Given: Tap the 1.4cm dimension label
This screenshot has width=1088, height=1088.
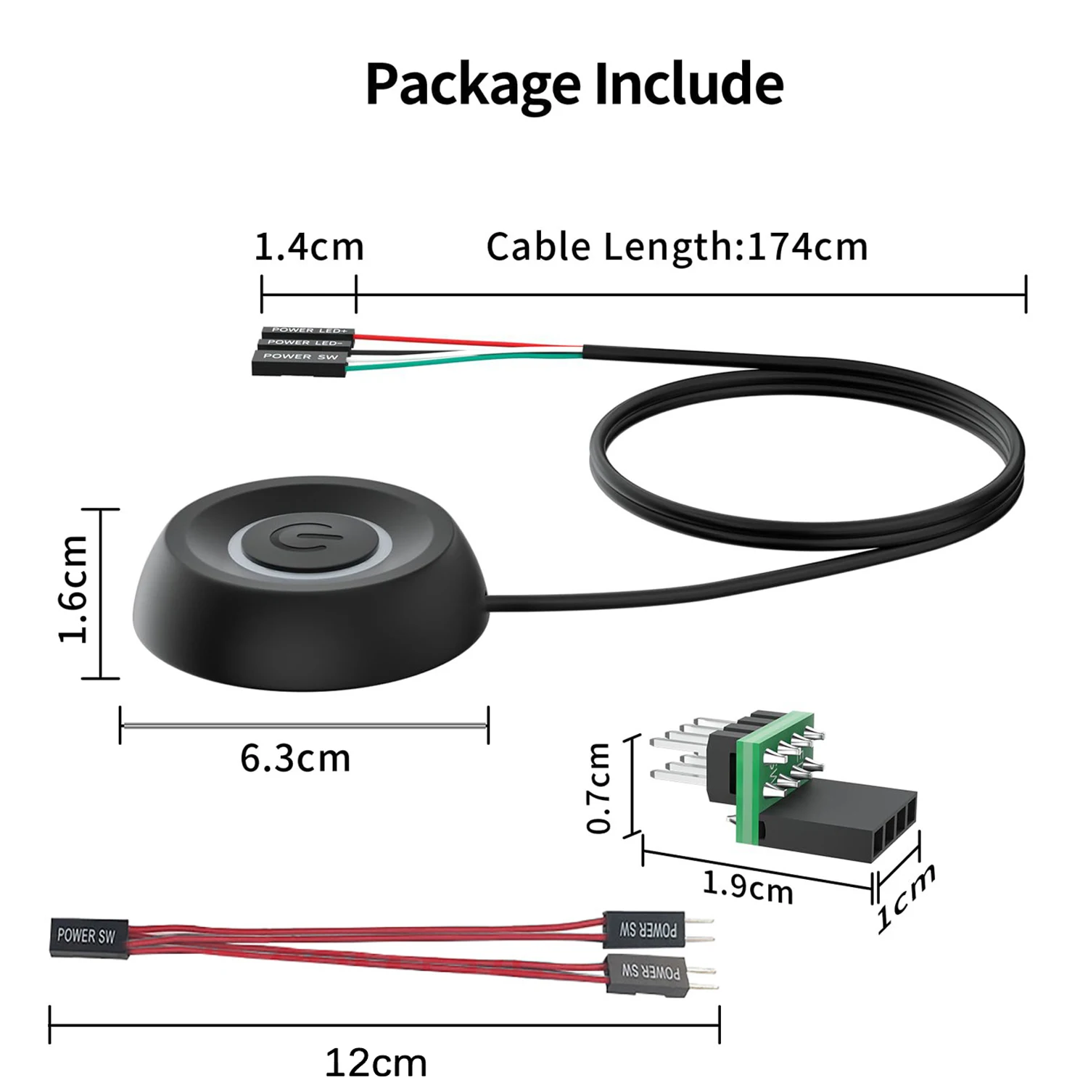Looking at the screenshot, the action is (x=309, y=247).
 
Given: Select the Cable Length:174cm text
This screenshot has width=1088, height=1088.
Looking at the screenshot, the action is (x=677, y=247).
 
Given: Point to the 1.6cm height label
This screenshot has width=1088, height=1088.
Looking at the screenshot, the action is (x=73, y=589).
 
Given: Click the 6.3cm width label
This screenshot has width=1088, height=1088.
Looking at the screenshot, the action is (x=295, y=759).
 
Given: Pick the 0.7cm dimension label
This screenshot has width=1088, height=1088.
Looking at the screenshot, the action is (x=600, y=788).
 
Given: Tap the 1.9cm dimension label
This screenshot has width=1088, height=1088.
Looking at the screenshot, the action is (x=748, y=887).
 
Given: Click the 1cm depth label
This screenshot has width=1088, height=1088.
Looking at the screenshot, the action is (x=905, y=898).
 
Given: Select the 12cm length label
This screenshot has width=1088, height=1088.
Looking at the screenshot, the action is (x=376, y=1063).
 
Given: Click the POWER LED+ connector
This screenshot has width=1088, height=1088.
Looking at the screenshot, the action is (x=309, y=331).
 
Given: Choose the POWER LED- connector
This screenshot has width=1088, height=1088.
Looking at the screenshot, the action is (x=305, y=342).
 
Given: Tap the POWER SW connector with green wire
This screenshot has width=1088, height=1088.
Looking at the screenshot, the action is (x=300, y=361).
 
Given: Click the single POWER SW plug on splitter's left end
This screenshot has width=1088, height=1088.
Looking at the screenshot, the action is (x=88, y=937).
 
